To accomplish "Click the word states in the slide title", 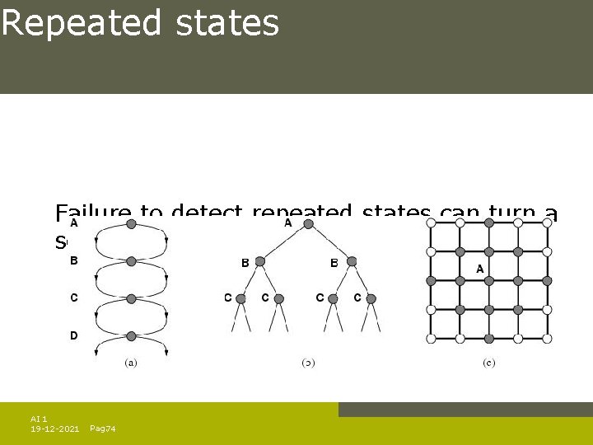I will click(x=227, y=23).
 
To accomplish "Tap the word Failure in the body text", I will click(x=92, y=214).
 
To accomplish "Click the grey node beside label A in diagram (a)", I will click(x=131, y=224).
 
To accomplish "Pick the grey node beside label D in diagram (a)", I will click(x=131, y=335).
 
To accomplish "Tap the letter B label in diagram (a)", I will click(x=74, y=260).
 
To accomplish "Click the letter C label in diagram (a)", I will click(x=74, y=297).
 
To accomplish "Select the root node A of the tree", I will click(x=306, y=223).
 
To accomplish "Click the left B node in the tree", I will click(x=259, y=261).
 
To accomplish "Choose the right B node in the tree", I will click(x=352, y=261).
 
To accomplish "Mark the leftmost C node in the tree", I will click(x=241, y=297).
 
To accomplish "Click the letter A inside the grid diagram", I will click(x=479, y=269).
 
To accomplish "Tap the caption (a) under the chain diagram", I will click(x=131, y=362).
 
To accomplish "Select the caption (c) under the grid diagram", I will click(x=489, y=362).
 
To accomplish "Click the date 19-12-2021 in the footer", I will click(x=54, y=429).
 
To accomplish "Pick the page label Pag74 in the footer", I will click(x=102, y=429).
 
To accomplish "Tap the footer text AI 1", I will click(x=39, y=419).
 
